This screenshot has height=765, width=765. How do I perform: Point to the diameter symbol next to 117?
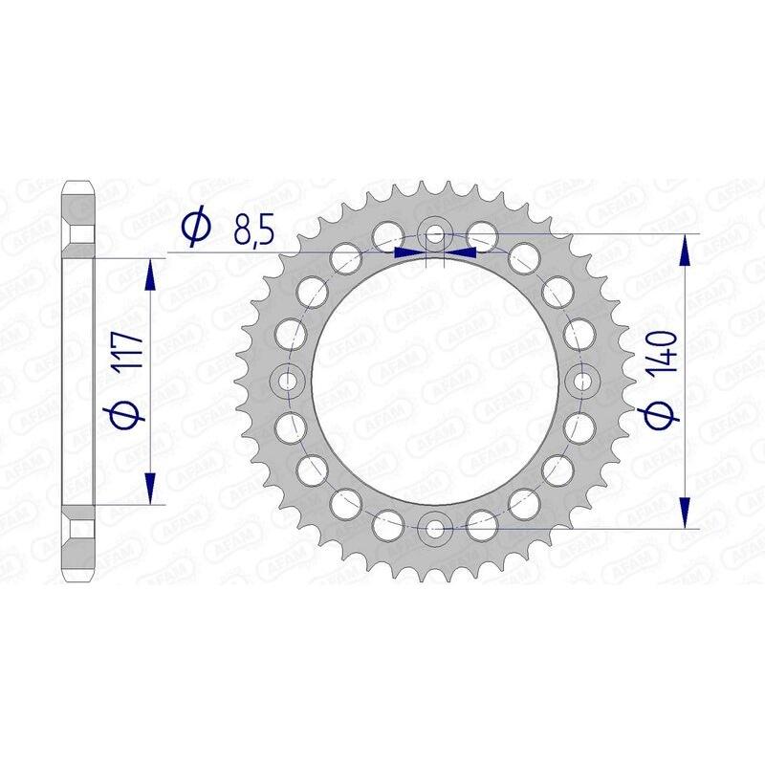pos(129,413)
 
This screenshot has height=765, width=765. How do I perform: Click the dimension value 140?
pos(666,351)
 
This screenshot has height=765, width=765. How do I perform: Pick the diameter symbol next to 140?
pos(666,410)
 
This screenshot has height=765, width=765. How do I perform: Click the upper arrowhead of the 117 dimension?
pos(149,277)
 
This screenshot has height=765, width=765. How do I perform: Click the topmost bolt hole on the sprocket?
pos(435,233)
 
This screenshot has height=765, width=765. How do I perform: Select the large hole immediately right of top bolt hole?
pos(482,235)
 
